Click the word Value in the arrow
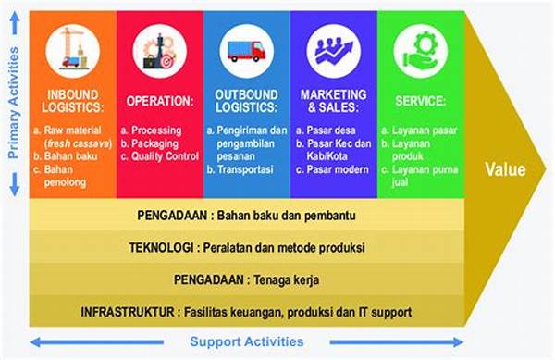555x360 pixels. tap(504, 170)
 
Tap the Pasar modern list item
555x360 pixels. tap(338, 169)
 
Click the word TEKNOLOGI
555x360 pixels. tap(160, 247)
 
